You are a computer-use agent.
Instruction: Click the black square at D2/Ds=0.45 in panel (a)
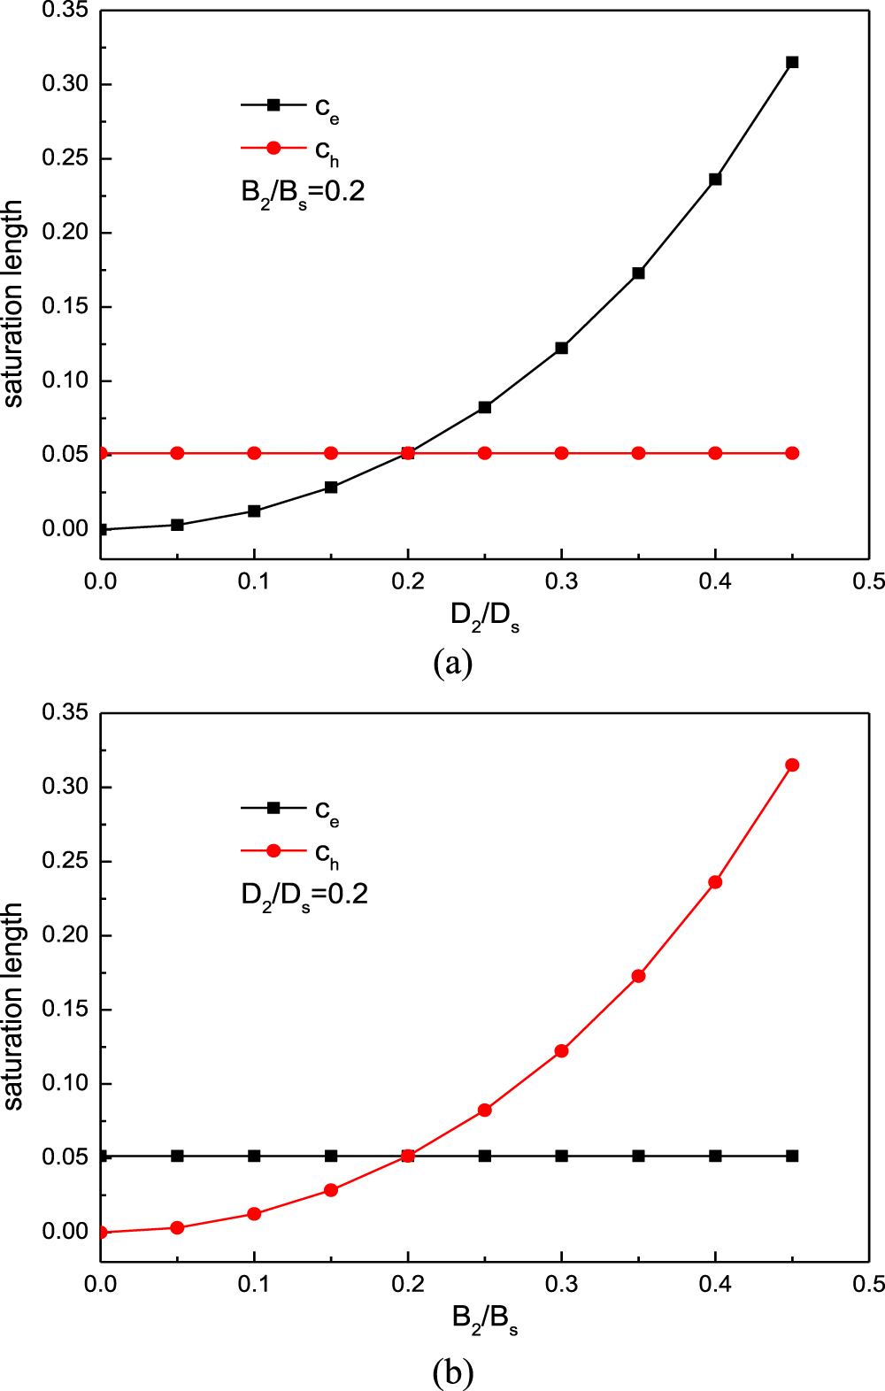792,62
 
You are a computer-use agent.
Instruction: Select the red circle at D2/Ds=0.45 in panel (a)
792,453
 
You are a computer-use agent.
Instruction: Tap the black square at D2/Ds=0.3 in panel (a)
561,348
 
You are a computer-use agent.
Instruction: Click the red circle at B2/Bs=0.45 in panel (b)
792,765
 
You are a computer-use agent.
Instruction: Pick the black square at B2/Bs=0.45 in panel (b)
792,1156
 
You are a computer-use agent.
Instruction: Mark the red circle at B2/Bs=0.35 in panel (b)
638,976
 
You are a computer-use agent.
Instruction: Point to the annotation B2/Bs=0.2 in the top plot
303,192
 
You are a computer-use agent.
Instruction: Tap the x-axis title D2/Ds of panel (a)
485,617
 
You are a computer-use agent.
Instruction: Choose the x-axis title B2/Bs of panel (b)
485,1319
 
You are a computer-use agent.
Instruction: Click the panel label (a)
453,662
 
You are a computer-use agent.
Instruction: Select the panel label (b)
453,1372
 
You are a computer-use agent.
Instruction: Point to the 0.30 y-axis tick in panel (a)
65,84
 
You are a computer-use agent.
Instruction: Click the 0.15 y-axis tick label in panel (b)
65,1009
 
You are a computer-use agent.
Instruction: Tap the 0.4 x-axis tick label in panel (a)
715,581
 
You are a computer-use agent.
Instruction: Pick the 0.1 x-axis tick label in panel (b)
254,1284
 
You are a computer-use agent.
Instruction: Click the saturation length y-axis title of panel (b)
12,1006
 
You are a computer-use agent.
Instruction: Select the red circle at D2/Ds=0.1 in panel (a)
254,453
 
